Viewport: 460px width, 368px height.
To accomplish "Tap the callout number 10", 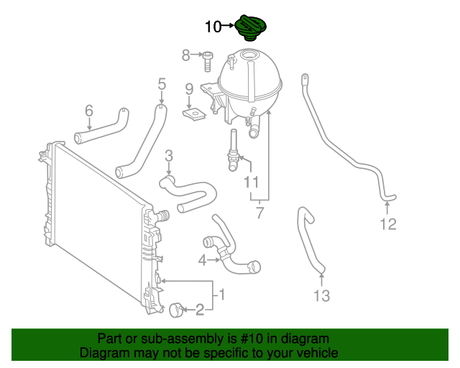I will click(213, 27).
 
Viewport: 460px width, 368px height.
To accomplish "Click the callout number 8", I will click(185, 55).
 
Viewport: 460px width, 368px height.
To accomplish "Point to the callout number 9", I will click(189, 89).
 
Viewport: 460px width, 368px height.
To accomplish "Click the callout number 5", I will click(162, 85).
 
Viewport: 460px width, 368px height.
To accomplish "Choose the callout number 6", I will click(89, 111).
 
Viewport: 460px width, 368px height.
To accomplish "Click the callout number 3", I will click(169, 155).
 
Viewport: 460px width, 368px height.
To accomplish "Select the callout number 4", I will click(203, 260).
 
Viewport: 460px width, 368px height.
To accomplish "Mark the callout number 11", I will click(251, 183).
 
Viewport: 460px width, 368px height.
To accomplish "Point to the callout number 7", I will click(259, 213).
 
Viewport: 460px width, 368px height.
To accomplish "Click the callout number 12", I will click(387, 225).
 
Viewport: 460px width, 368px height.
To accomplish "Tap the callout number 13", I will click(321, 295).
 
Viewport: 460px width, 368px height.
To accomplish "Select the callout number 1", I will click(222, 294).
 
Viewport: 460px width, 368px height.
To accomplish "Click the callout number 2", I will click(200, 310).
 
